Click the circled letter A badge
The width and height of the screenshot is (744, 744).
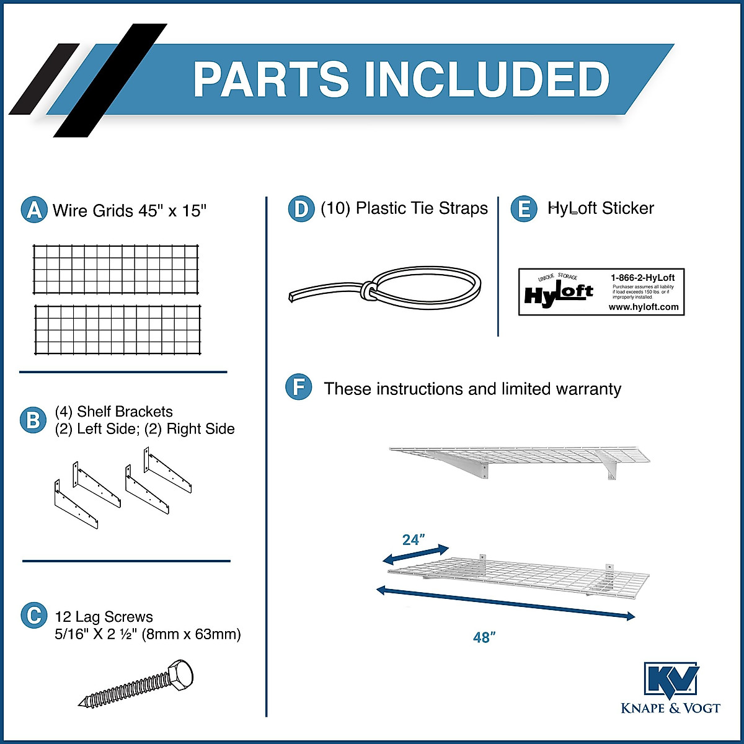[34, 210]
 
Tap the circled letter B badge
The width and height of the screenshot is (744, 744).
[33, 420]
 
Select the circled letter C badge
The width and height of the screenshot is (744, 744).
[33, 616]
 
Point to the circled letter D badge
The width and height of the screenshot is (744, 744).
[301, 209]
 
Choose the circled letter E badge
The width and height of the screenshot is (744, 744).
[524, 209]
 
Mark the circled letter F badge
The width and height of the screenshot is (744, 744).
[299, 388]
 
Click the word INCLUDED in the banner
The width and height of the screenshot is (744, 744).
[487, 79]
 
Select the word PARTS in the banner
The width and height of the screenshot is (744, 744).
[272, 79]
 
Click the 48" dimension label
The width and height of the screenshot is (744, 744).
[484, 637]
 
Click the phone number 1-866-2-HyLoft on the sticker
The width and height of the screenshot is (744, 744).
[642, 277]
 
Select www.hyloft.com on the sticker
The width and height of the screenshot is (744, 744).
[643, 307]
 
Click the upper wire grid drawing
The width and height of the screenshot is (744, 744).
[117, 268]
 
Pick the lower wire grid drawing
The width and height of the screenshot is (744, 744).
[118, 329]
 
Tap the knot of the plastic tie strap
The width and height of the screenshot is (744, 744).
[368, 291]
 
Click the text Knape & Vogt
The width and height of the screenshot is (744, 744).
[671, 708]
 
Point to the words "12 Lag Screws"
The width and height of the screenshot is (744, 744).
[104, 617]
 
